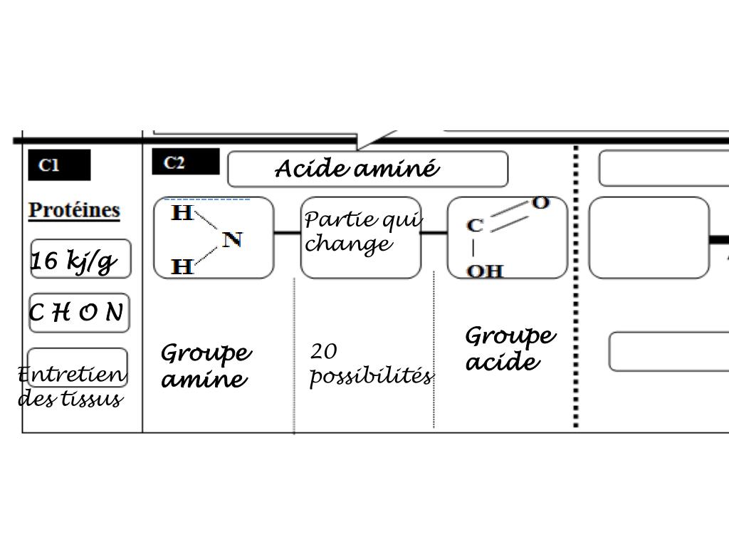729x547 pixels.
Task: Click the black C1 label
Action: click(x=59, y=165)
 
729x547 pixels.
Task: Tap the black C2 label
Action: click(x=185, y=162)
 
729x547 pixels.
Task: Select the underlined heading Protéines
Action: click(x=74, y=211)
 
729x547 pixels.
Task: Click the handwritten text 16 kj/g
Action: click(x=73, y=261)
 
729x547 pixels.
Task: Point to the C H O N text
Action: click(x=77, y=313)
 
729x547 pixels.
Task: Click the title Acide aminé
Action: click(x=357, y=170)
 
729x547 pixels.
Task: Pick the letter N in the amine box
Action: click(x=233, y=239)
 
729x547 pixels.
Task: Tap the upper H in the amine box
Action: click(x=182, y=213)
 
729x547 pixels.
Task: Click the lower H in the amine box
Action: click(x=183, y=267)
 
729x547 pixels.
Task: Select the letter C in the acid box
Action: click(x=475, y=226)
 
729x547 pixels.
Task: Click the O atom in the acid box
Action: click(x=541, y=204)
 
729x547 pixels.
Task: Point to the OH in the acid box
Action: click(x=485, y=271)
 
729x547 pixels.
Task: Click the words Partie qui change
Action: click(x=362, y=232)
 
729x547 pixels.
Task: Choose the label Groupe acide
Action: click(x=510, y=348)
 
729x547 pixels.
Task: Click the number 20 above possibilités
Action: click(x=324, y=351)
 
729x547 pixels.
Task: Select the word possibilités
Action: click(x=371, y=375)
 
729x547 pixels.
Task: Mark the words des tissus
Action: click(x=70, y=398)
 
